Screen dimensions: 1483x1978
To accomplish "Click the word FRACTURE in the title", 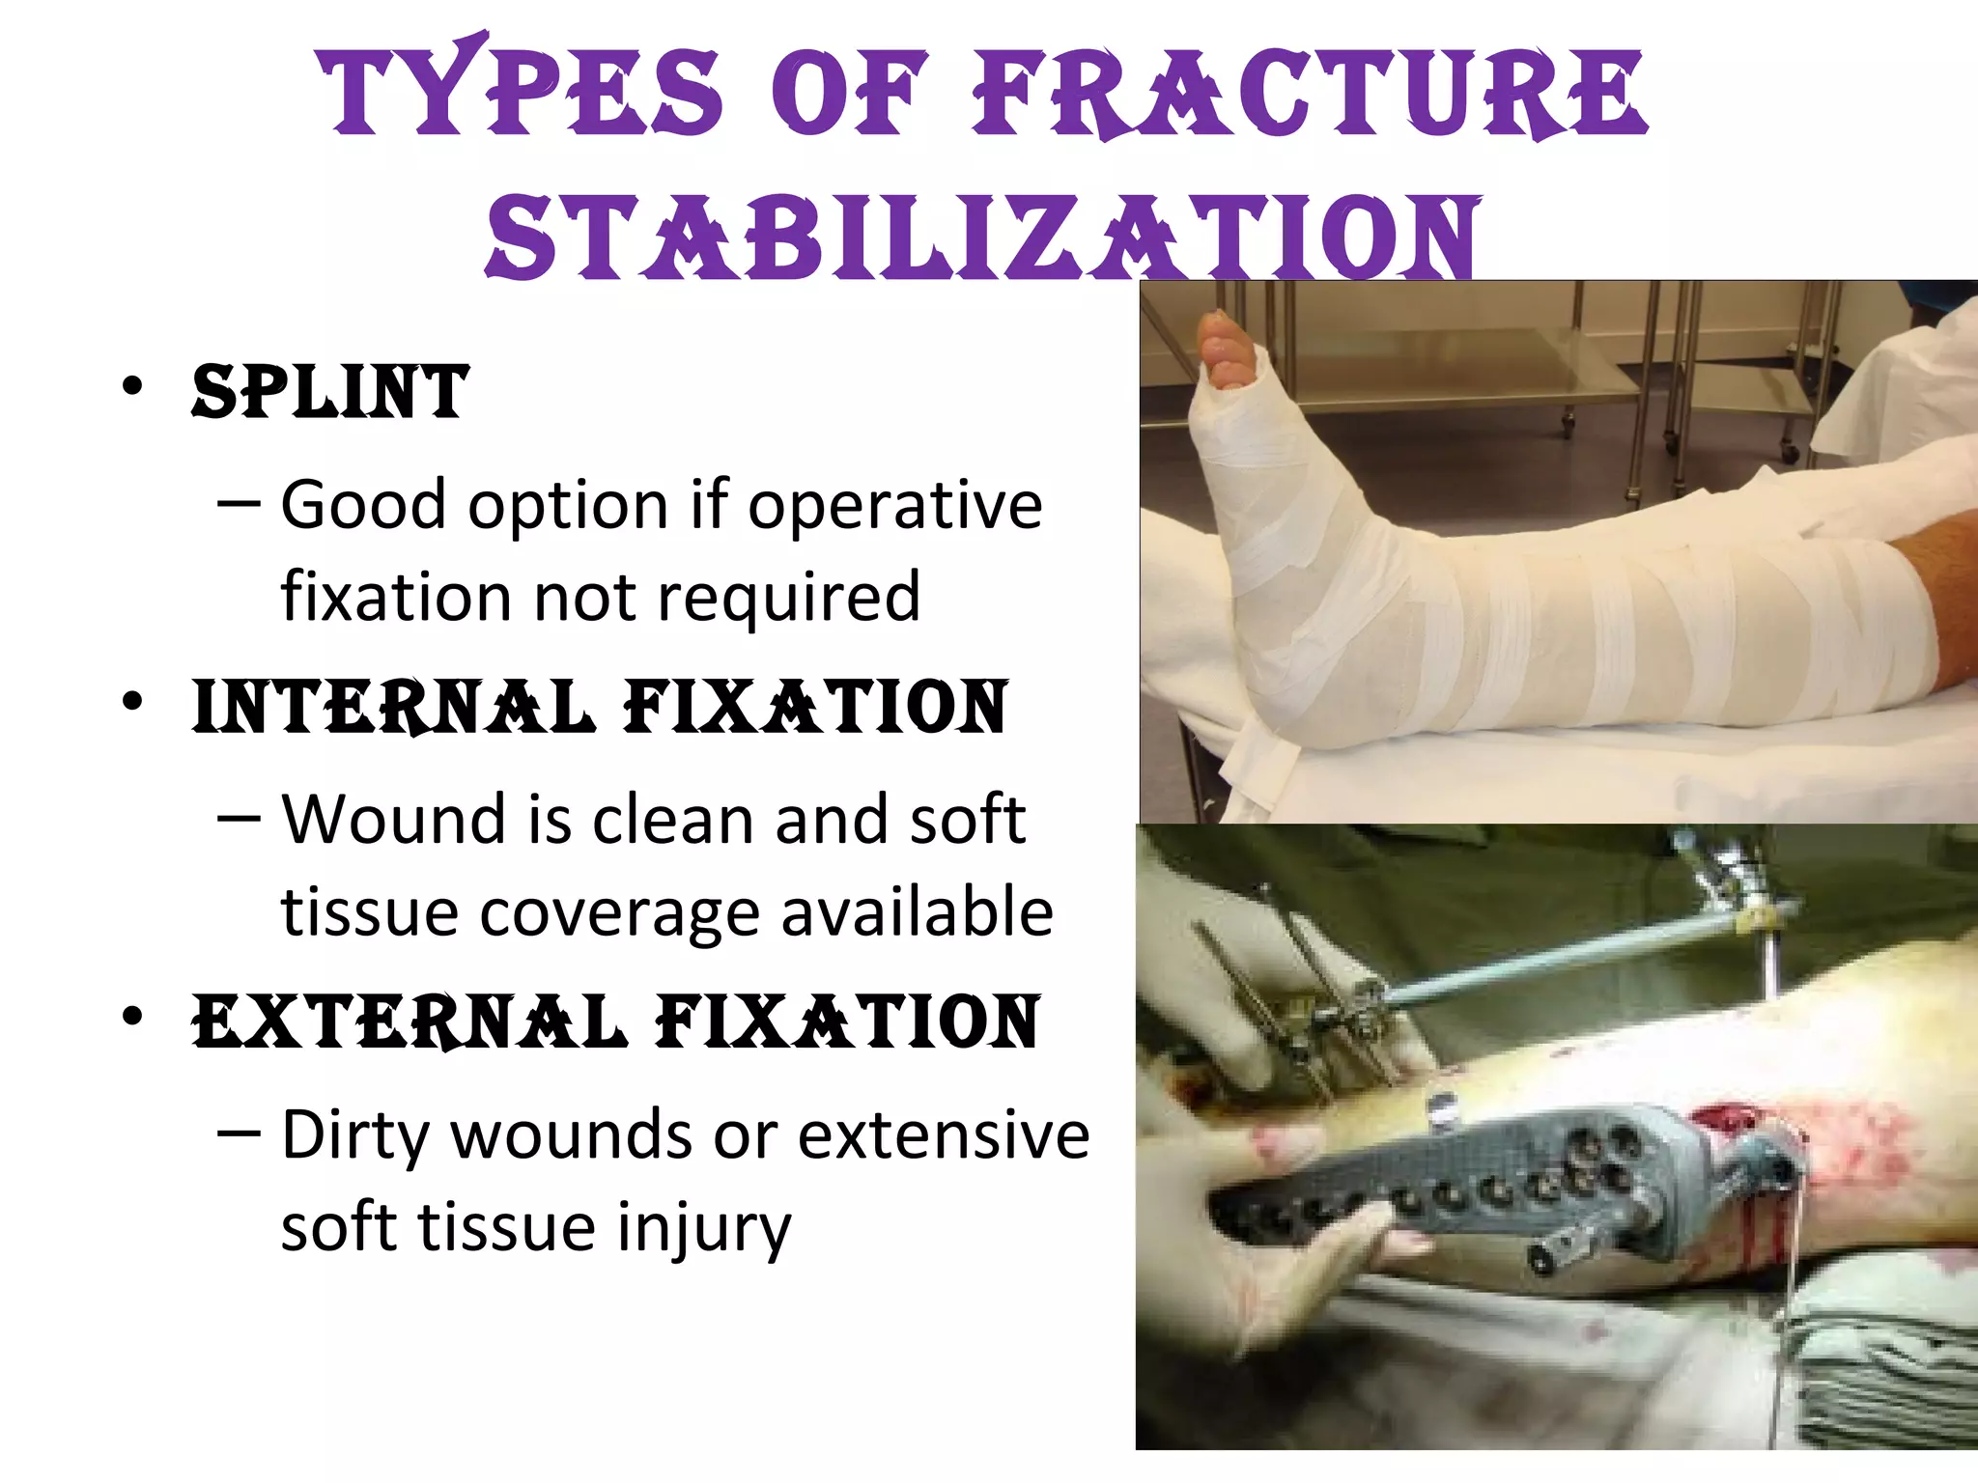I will point(1309,94).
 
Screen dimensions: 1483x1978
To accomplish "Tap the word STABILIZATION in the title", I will point(982,238).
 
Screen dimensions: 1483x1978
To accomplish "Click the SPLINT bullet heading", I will point(330,392).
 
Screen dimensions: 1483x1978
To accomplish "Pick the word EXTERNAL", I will point(410,1021).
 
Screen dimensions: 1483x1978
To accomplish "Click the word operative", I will point(895,506).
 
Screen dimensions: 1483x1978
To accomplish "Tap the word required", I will point(789,597).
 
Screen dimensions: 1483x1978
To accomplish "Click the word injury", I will point(704,1228).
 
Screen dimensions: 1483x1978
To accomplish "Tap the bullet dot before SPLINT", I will point(132,386).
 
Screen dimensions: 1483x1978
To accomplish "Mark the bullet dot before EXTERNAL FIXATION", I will point(132,1016).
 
